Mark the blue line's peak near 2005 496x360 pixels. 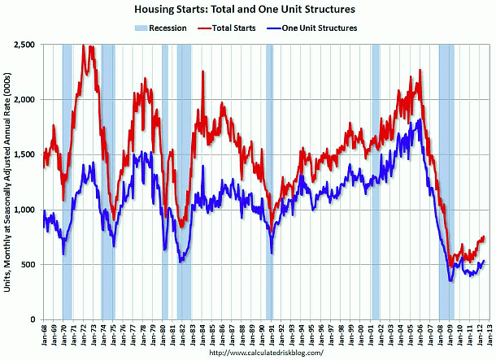pos(419,120)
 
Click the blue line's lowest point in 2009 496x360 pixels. pos(450,280)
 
